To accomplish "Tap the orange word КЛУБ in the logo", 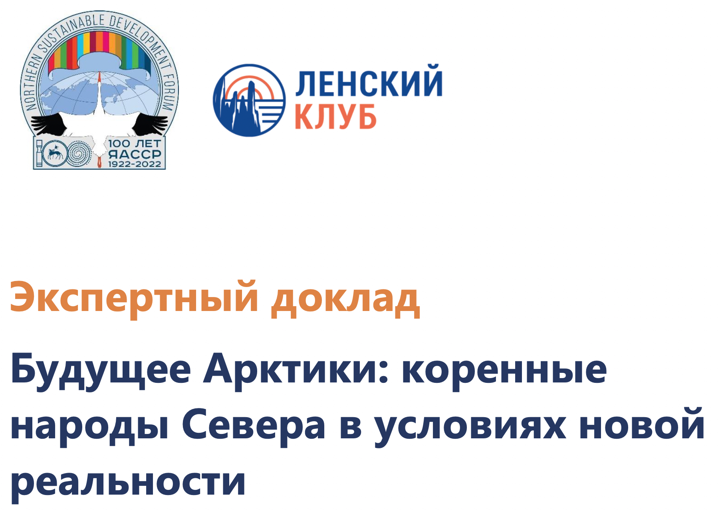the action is point(335,116).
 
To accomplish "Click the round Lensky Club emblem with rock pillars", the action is point(249,100).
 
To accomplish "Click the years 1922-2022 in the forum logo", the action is point(135,164).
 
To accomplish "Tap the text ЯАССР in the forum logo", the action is point(135,154).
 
